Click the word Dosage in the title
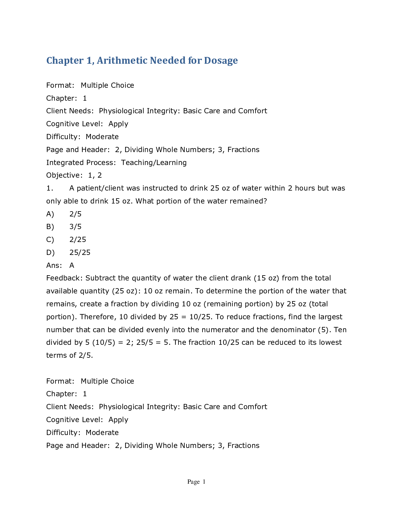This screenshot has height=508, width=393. pyautogui.click(x=221, y=60)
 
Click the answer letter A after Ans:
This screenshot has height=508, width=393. pyautogui.click(x=72, y=265)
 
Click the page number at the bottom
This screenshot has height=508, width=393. pyautogui.click(x=196, y=482)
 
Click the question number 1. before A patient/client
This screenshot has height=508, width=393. pyautogui.click(x=50, y=188)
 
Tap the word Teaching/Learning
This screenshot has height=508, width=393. pyautogui.click(x=154, y=163)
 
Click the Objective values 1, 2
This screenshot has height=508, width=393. pyautogui.click(x=95, y=175)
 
